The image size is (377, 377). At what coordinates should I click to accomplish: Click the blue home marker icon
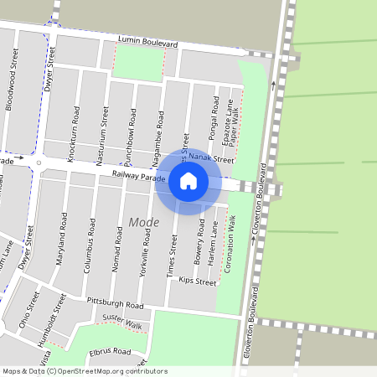click(x=188, y=181)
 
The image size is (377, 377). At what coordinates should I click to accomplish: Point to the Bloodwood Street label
click(x=12, y=79)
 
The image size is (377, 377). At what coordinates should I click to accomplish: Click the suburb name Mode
click(x=143, y=222)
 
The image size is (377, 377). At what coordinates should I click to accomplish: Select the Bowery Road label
click(x=200, y=243)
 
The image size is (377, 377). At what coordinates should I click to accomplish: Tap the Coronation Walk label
click(x=229, y=243)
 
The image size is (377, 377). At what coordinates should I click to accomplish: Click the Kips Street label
click(x=198, y=283)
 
